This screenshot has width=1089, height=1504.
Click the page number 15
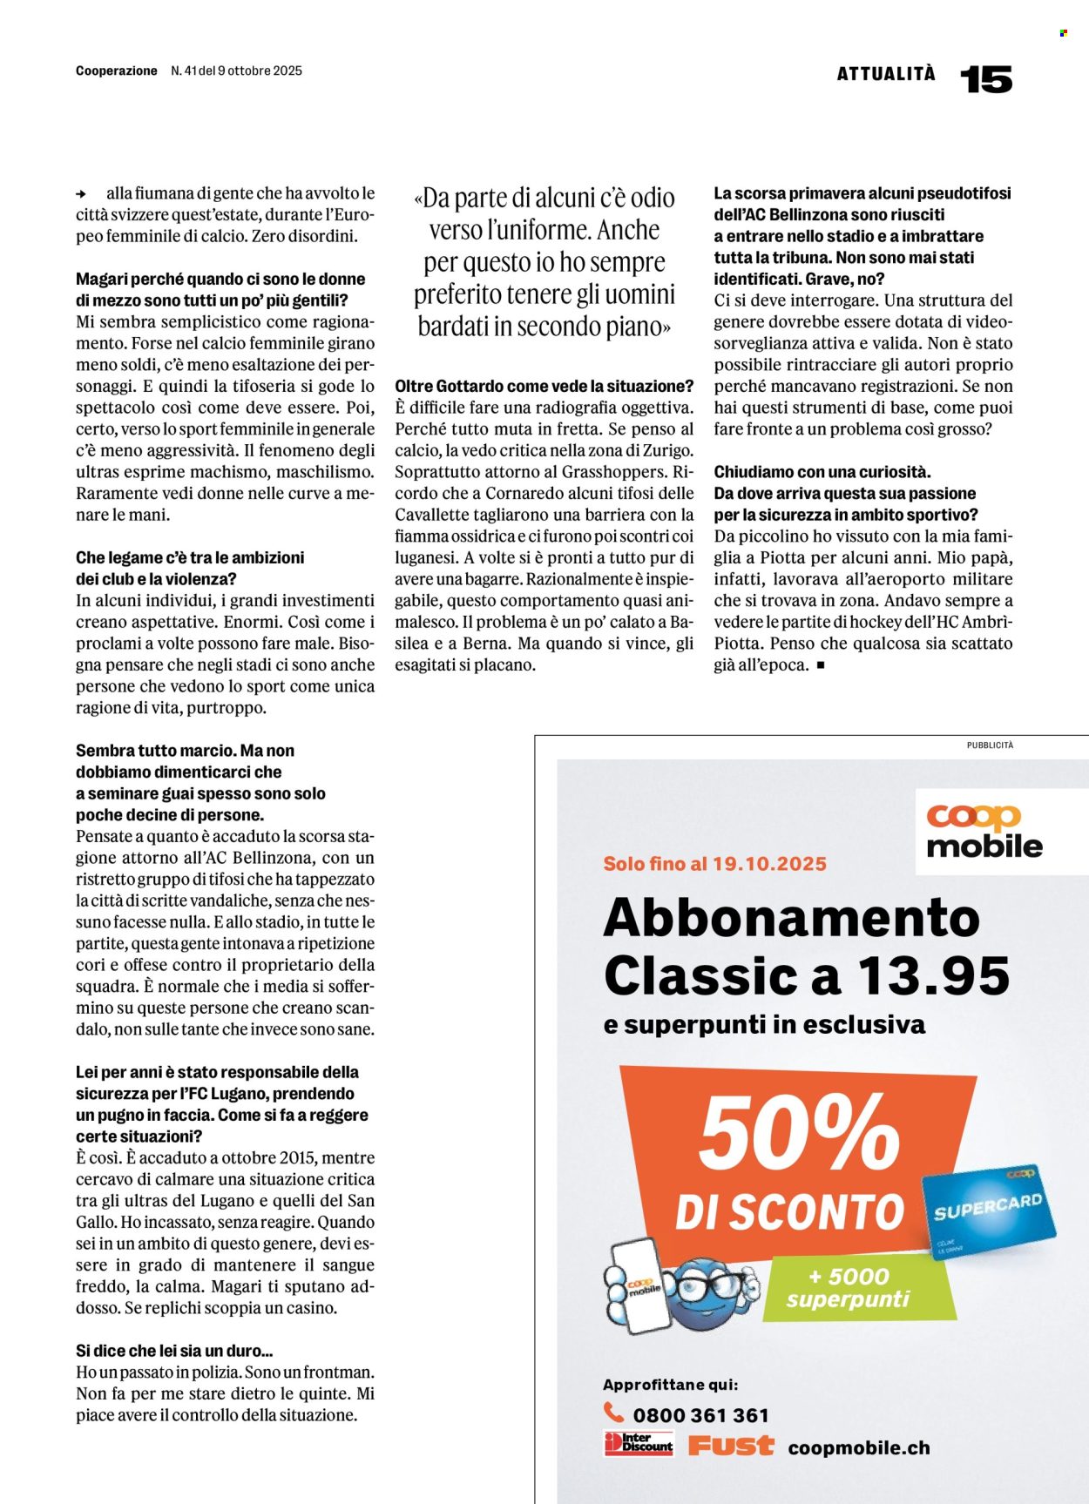click(985, 79)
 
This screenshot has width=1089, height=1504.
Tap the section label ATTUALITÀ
click(886, 74)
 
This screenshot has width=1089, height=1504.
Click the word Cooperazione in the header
click(117, 71)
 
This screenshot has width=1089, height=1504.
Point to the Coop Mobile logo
click(984, 831)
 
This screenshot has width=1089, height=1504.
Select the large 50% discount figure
click(799, 1133)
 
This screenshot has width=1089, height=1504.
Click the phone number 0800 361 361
click(700, 1415)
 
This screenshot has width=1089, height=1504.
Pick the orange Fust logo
click(730, 1447)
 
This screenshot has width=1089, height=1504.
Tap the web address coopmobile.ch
click(859, 1447)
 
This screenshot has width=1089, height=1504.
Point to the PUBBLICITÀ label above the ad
click(990, 745)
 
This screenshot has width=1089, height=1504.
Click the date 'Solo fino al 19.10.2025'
click(714, 864)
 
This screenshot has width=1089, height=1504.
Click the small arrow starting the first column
click(81, 194)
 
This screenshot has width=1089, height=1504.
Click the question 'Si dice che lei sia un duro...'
click(174, 1351)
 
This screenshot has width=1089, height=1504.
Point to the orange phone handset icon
click(614, 1412)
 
